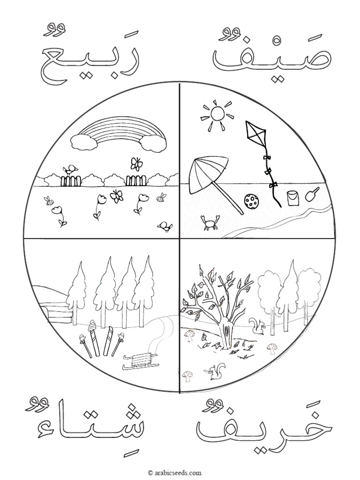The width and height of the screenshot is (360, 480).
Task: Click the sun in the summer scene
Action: pos(217,113)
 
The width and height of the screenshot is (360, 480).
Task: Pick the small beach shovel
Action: pos(312,194)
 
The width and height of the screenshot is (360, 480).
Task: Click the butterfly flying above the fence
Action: pos(136,164)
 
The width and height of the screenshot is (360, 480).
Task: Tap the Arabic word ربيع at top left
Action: pos(89,59)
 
